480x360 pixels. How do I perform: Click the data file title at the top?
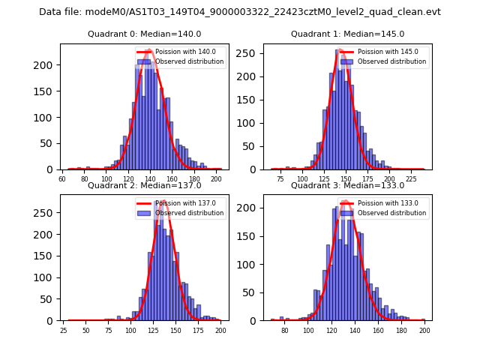tap(240, 12)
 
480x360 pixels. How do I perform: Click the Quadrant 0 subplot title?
tap(145, 34)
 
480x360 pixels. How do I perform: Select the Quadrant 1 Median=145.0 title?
tap(347, 34)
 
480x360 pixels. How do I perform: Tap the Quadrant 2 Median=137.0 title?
tap(145, 185)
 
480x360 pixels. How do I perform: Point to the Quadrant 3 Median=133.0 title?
tap(347, 185)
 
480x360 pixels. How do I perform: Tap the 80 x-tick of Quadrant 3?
tap(285, 331)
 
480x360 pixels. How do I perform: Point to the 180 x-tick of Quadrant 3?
tap(401, 331)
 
